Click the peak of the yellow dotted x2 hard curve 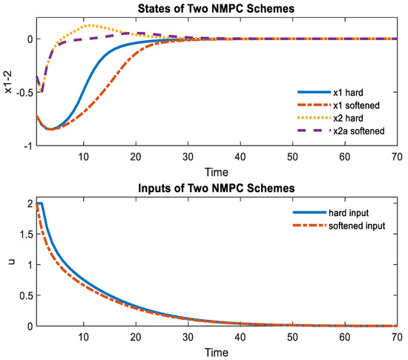tap(88, 26)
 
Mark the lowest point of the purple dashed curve tap(42, 91)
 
